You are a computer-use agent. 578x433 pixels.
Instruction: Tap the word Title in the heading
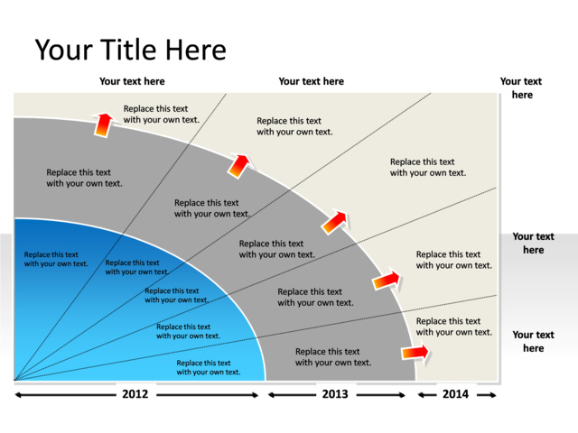click(135, 50)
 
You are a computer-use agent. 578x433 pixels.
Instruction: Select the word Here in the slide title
click(198, 50)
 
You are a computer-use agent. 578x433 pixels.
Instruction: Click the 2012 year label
click(135, 394)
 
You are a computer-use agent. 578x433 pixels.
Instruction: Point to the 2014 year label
click(455, 394)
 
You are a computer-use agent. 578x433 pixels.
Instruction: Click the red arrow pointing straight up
click(104, 124)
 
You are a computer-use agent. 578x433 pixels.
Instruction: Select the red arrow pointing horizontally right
click(416, 351)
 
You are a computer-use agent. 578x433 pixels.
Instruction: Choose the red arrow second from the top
click(238, 165)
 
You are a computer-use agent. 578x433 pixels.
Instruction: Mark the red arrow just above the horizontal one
click(387, 281)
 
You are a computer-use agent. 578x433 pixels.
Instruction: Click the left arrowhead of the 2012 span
click(18, 395)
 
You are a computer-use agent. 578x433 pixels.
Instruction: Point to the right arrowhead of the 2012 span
click(259, 395)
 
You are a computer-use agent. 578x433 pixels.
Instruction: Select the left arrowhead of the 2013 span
click(271, 395)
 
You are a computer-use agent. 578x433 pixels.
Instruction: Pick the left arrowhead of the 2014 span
click(422, 395)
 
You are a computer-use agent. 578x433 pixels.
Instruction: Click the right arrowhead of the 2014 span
click(493, 395)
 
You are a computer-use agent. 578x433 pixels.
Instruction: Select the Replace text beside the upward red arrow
click(161, 114)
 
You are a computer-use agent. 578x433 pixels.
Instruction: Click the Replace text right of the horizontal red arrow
click(454, 327)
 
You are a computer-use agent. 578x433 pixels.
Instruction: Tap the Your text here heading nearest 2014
click(533, 341)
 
